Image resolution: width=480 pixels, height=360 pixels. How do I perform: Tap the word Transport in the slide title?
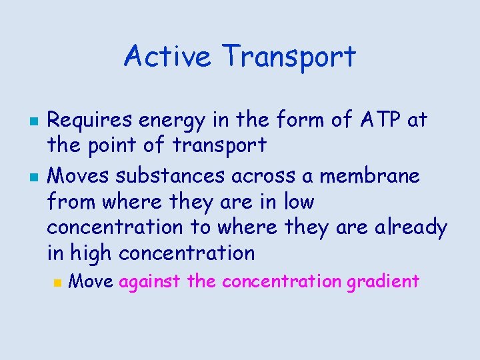290,57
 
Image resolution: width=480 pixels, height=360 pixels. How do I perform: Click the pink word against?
150,282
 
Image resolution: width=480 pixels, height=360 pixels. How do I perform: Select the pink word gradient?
383,282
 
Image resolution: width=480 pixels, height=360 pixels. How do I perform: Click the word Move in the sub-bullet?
91,281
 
